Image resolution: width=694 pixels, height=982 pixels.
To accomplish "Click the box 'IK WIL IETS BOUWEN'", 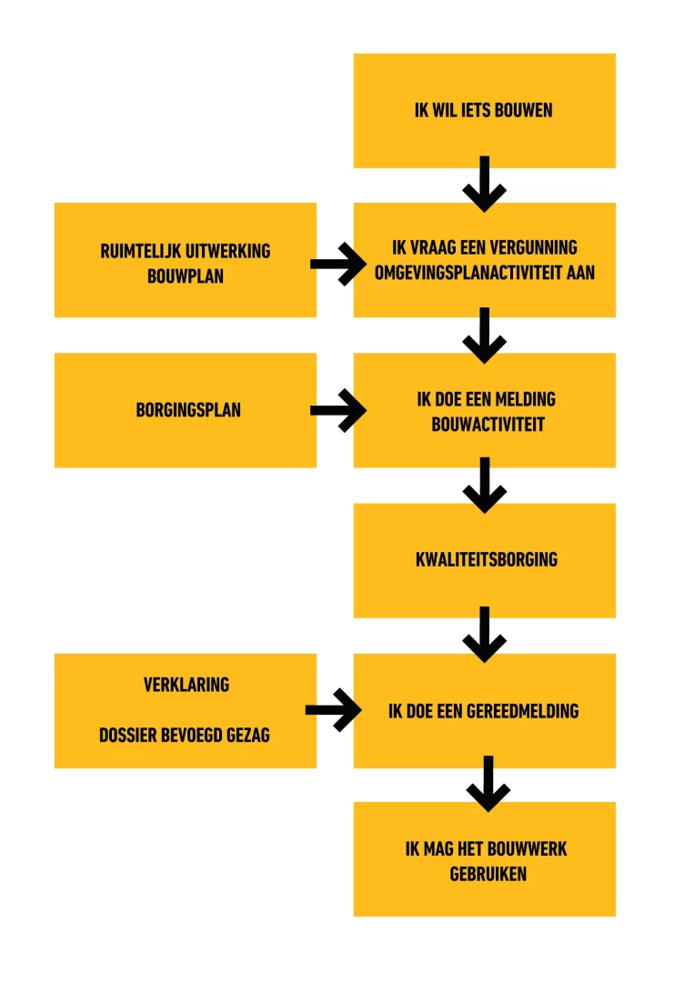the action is coord(484,111).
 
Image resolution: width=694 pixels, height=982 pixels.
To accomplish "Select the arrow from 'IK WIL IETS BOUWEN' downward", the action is coord(484,184).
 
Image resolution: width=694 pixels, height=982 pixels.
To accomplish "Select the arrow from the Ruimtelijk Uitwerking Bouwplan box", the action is coord(338,265).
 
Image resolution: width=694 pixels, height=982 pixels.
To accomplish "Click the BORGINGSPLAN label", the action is coord(188,409).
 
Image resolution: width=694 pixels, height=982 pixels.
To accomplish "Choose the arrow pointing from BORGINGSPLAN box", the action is coord(338,410).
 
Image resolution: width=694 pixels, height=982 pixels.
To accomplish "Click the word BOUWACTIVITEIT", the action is coord(488,424).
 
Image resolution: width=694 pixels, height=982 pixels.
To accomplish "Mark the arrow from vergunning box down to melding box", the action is coord(484,335).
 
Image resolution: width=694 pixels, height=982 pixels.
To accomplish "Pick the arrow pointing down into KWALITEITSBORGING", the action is coord(484,486).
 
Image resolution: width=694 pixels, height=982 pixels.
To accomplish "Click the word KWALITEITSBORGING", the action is coord(487,559).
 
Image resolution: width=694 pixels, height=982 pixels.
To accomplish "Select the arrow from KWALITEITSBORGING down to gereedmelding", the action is coord(484,635).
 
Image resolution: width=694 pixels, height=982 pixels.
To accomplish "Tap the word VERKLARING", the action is coord(186,685).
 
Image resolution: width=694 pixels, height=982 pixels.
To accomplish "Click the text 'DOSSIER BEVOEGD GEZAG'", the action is coord(185,735).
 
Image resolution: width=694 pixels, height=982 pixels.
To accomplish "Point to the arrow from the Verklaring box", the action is coord(333,709).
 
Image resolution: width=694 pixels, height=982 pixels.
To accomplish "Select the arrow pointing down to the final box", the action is coord(488,784).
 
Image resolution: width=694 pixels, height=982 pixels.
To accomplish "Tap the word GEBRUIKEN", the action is coord(488,874).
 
